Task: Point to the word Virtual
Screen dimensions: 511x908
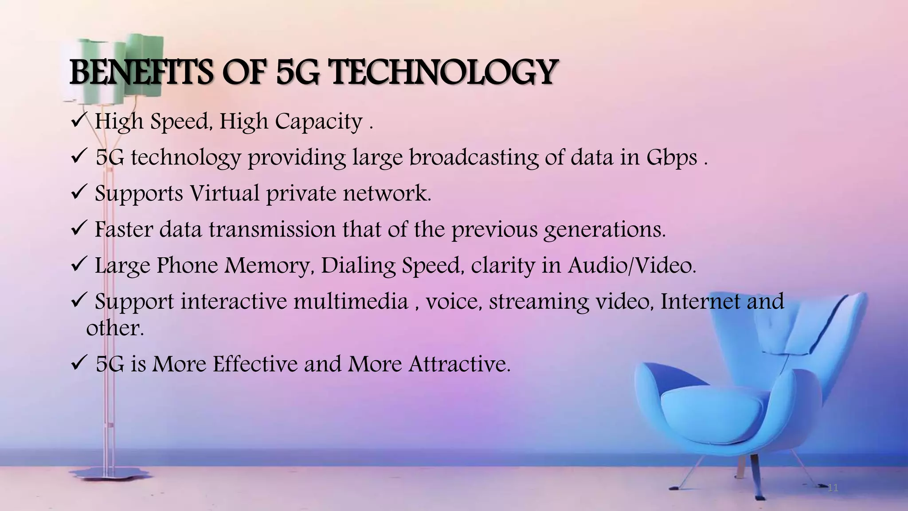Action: (224, 193)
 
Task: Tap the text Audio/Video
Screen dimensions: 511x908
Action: (632, 265)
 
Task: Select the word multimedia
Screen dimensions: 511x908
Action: (350, 301)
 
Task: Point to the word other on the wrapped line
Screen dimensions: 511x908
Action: (115, 328)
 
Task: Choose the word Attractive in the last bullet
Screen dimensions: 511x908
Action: (459, 364)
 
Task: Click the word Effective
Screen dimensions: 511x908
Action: (255, 364)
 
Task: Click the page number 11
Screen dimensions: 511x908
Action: (833, 488)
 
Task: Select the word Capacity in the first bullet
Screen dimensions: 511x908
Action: (318, 121)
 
